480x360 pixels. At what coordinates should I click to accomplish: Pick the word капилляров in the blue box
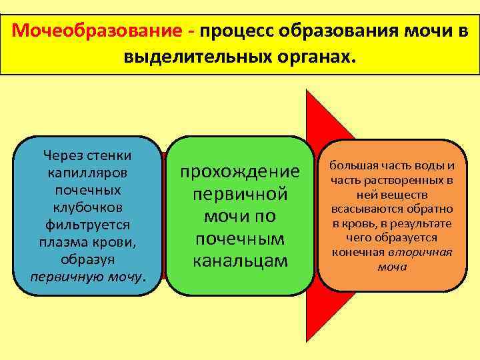tap(87, 173)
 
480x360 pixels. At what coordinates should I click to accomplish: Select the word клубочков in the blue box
tap(87, 207)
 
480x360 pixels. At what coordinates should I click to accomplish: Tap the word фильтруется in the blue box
tap(87, 224)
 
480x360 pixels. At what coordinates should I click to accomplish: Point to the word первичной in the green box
tap(240, 194)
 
